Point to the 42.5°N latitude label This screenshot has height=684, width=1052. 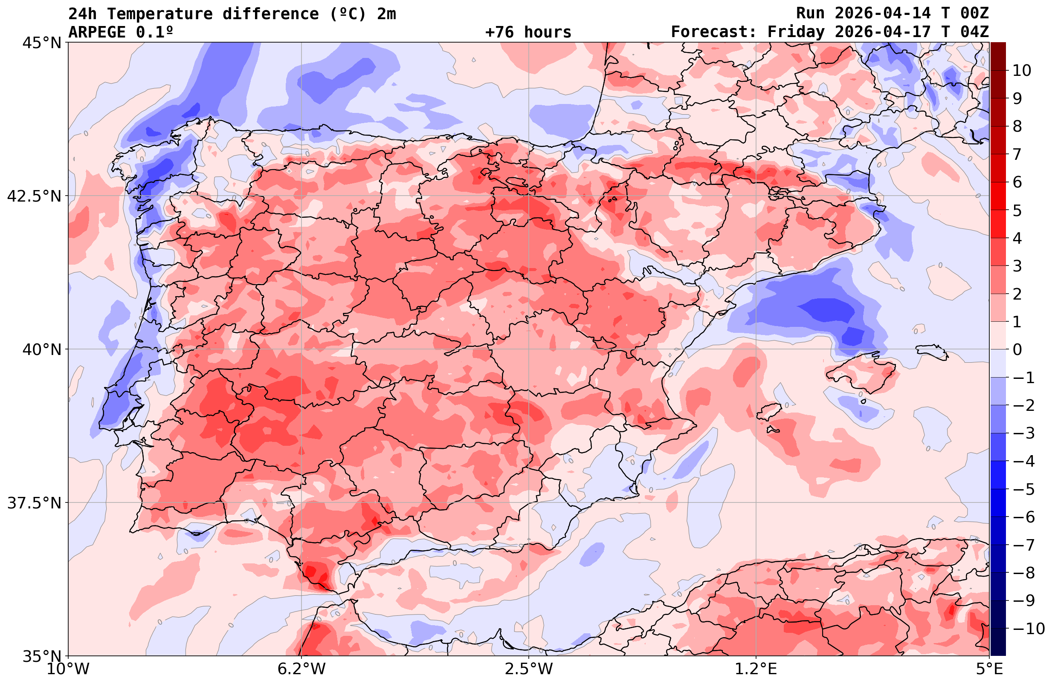click(34, 196)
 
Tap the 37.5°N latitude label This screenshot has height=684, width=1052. click(34, 503)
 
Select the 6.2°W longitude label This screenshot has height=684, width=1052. click(301, 669)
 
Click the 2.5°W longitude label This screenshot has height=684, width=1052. click(529, 669)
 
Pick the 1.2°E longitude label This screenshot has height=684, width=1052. click(756, 669)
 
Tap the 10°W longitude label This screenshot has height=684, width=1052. click(68, 669)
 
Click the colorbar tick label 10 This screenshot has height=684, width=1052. click(1021, 70)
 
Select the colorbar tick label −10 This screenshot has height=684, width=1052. click(1028, 628)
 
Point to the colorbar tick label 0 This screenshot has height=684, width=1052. click(1017, 349)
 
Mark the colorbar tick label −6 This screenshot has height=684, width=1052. click(1023, 517)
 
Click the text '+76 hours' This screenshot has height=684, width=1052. click(528, 32)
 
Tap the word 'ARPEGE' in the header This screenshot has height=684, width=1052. click(97, 32)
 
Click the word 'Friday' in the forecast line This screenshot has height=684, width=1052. click(796, 32)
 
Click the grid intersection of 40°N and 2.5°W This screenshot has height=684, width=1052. click(529, 349)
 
